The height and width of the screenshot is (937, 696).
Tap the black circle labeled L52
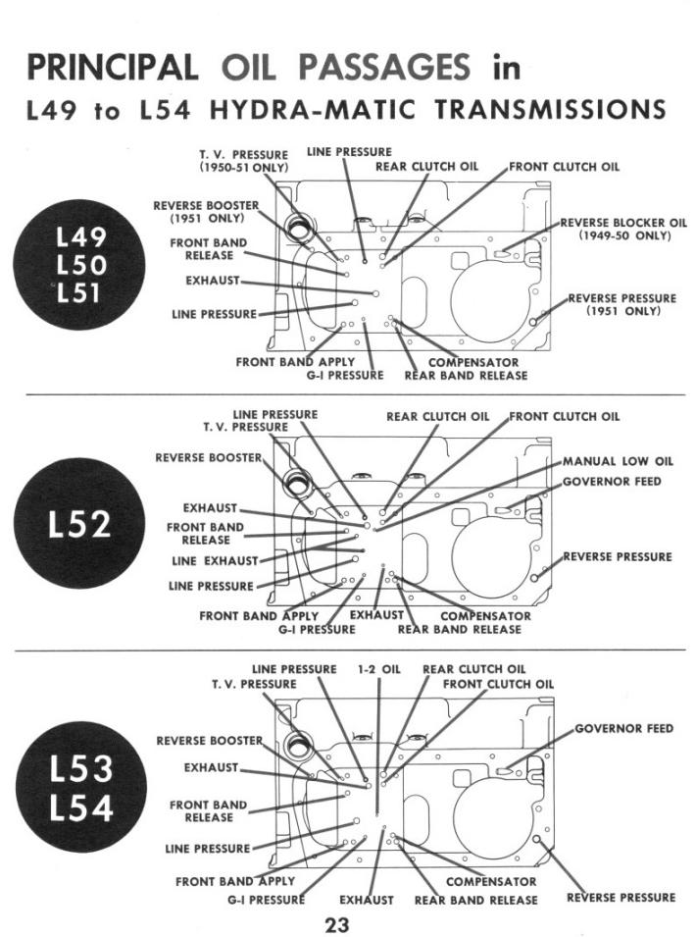79,525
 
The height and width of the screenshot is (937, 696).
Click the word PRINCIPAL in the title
109,69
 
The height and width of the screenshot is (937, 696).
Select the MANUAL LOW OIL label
618,461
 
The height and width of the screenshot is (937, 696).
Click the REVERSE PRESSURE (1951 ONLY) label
622,304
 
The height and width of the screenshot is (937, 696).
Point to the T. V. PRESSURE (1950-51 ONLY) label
243,161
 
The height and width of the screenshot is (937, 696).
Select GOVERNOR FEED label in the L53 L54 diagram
623,729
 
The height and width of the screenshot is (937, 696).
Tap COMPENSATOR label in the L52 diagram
486,616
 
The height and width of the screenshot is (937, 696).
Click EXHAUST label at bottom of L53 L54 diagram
366,899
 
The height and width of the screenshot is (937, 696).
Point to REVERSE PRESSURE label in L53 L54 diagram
621,897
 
